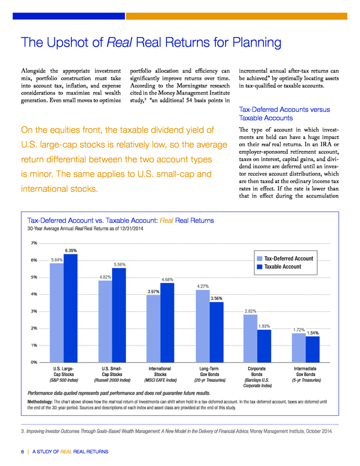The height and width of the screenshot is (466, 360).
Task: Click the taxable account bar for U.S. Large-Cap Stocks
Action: pyautogui.click(x=70, y=308)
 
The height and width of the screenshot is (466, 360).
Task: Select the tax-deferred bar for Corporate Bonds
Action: pyautogui.click(x=250, y=338)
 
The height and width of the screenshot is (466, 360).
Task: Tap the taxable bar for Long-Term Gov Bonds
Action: pyautogui.click(x=217, y=332)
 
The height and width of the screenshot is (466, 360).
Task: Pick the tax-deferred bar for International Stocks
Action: pyautogui.click(x=153, y=329)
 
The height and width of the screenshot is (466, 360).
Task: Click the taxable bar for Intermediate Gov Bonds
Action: pyautogui.click(x=313, y=349)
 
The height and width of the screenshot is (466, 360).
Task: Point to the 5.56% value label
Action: pyautogui.click(x=120, y=265)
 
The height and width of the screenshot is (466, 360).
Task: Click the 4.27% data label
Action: pyautogui.click(x=203, y=286)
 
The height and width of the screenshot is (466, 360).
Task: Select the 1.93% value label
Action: pyautogui.click(x=264, y=326)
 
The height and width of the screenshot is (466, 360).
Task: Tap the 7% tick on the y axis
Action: pyautogui.click(x=34, y=243)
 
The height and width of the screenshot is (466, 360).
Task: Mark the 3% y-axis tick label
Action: pyautogui.click(x=34, y=311)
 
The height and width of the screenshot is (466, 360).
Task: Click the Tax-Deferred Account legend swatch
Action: pyautogui.click(x=260, y=258)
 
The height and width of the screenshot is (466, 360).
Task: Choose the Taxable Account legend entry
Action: pyautogui.click(x=279, y=267)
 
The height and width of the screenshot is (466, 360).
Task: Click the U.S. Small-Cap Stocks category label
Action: pyautogui.click(x=112, y=371)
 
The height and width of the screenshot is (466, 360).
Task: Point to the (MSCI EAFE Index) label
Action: pyautogui.click(x=160, y=380)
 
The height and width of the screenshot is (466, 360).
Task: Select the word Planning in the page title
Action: pyautogui.click(x=256, y=43)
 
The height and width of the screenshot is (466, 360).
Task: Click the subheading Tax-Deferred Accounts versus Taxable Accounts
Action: pyautogui.click(x=285, y=114)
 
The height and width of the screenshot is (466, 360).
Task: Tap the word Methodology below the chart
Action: pyautogui.click(x=40, y=402)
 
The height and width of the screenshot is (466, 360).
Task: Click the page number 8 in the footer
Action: pyautogui.click(x=22, y=452)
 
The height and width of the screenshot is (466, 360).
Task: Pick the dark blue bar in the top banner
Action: pyautogui.click(x=69, y=16)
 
